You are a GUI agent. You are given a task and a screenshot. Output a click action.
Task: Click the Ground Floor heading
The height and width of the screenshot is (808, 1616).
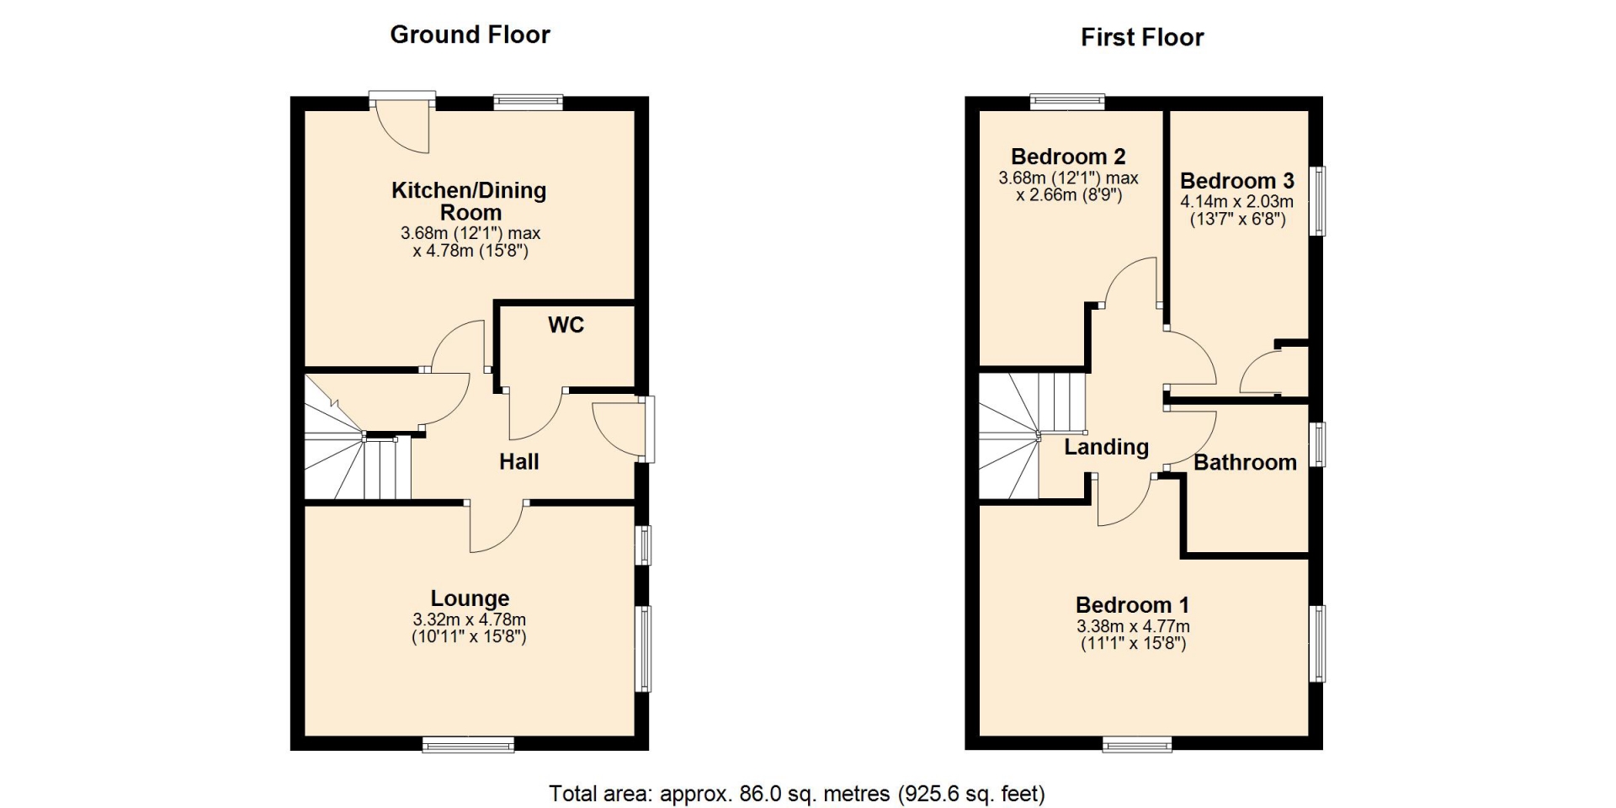(x=470, y=35)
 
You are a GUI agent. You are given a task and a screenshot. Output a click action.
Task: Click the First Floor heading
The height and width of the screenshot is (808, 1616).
(x=1142, y=37)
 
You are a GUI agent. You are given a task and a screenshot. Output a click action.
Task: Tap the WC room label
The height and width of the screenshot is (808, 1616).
(x=566, y=325)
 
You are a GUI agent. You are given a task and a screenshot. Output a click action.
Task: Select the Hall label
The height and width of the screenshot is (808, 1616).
(x=518, y=461)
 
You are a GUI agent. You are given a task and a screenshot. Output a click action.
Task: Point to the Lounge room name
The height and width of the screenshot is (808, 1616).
(x=470, y=598)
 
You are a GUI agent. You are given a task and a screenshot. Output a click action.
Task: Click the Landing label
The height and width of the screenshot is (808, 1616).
(x=1106, y=447)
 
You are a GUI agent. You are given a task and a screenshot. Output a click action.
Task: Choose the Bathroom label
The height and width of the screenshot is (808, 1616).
(x=1245, y=462)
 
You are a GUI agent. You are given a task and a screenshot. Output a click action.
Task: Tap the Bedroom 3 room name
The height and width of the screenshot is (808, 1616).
(x=1236, y=181)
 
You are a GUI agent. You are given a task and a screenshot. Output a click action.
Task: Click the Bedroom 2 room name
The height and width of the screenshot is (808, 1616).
(x=1068, y=157)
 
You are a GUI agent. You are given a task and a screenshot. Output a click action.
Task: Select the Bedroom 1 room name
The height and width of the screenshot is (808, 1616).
(x=1133, y=605)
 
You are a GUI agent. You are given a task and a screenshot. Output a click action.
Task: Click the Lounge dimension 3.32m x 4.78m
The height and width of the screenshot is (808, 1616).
(x=470, y=619)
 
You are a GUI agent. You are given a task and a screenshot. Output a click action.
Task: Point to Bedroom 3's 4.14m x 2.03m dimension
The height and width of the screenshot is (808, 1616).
(x=1236, y=202)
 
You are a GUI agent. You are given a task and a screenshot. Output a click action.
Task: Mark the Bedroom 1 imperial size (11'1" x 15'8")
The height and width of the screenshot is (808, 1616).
(x=1133, y=644)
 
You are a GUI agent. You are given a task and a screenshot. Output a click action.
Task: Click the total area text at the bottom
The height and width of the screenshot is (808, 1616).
(x=797, y=794)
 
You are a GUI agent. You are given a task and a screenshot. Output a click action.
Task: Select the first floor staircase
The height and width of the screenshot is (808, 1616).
(x=1032, y=437)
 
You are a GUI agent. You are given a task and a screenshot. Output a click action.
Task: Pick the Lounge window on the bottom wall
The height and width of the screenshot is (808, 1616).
(x=468, y=744)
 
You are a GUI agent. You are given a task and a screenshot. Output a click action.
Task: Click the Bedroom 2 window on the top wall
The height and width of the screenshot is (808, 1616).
(x=1068, y=102)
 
